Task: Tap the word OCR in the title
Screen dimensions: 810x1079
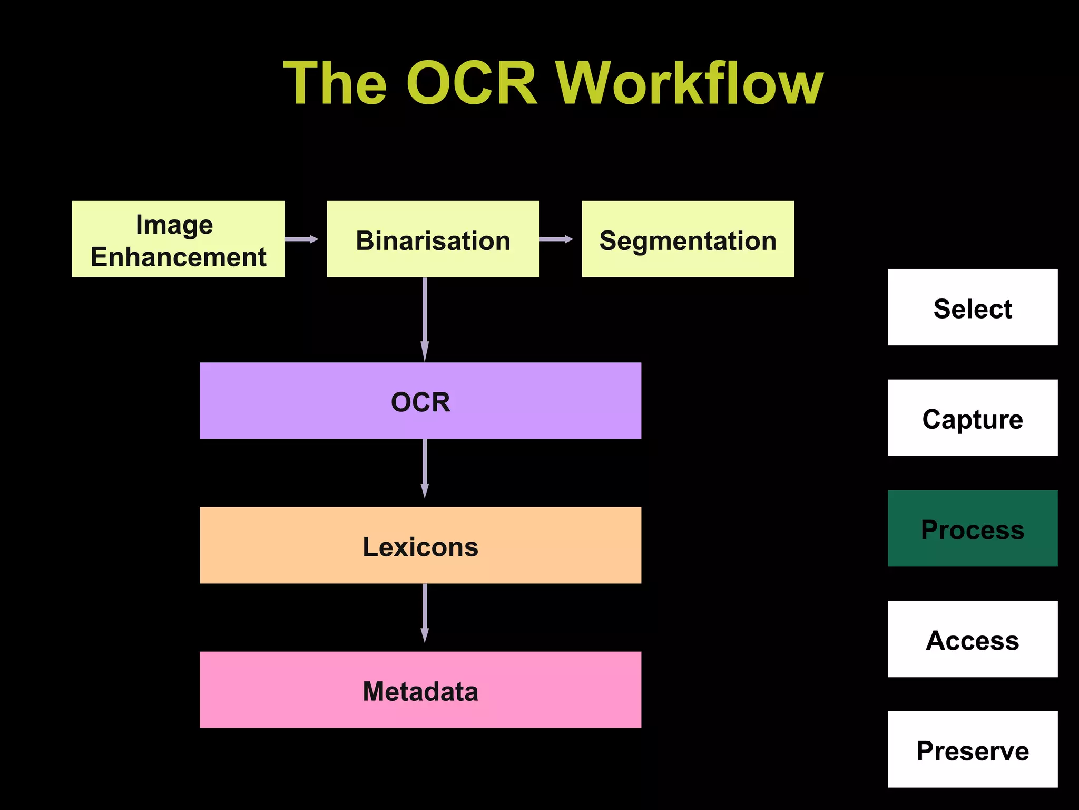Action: pos(472,83)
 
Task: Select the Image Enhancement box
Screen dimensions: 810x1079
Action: pos(178,239)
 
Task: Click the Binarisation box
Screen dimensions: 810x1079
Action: pos(433,239)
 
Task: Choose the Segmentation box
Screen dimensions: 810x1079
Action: pos(688,239)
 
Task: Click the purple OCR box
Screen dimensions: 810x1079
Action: pos(420,401)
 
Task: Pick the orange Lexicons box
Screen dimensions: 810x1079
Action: pos(420,545)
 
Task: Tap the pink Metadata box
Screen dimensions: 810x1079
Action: pos(420,690)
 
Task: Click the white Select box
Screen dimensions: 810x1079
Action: pos(972,307)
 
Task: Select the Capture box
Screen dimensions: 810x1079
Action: pos(972,418)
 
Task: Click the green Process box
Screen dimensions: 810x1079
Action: pos(972,528)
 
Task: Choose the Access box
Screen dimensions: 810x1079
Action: pos(972,639)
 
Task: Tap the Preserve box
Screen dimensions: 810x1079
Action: pos(972,749)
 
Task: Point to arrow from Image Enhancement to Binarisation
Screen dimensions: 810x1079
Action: pos(301,239)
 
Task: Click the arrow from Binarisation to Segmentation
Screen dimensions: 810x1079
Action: pos(556,239)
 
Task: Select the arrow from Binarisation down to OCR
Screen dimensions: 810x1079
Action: pos(425,319)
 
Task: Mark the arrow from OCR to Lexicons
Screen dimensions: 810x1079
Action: pos(425,468)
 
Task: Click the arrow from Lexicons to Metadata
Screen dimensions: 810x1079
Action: pos(425,613)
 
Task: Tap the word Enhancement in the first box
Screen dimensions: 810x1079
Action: pos(179,257)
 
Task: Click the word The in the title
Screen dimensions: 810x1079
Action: pos(336,83)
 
